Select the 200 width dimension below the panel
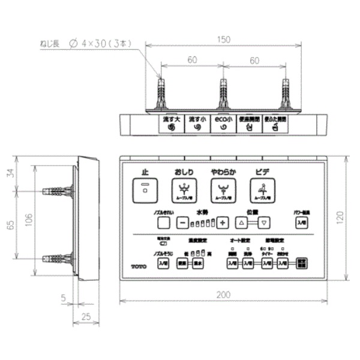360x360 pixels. click(223, 295)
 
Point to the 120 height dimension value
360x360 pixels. click(350, 217)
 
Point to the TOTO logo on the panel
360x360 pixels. click(138, 265)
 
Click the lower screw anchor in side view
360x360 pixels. click(58, 260)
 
